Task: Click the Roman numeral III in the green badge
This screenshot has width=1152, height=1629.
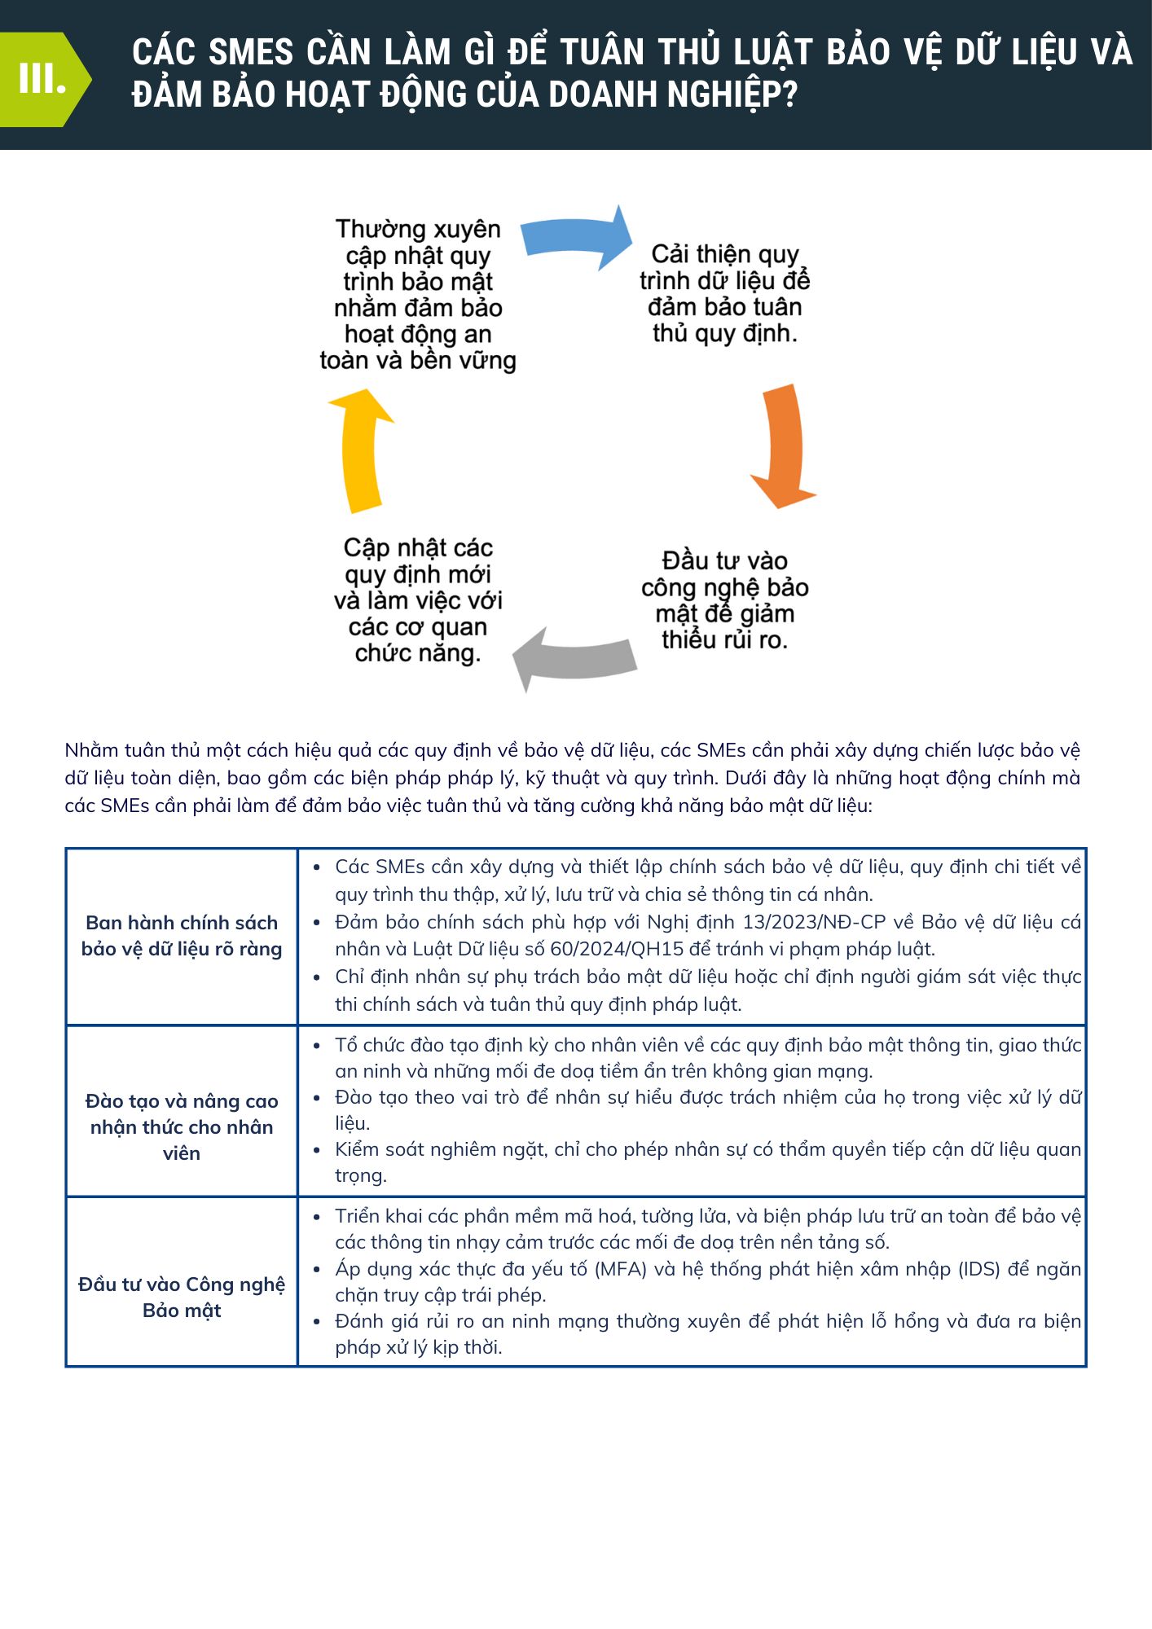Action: click(x=42, y=80)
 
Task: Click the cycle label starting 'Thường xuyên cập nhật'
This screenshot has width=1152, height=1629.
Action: click(x=418, y=294)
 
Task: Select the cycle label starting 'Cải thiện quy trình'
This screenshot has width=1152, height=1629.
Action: click(x=724, y=293)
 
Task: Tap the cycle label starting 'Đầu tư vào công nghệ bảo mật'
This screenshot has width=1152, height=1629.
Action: click(x=724, y=600)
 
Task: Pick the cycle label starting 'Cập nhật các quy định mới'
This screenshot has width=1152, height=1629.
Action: click(x=418, y=599)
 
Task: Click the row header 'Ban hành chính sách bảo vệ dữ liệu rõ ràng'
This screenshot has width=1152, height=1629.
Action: click(x=182, y=936)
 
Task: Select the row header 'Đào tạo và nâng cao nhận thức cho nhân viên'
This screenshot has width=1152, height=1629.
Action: click(x=182, y=1126)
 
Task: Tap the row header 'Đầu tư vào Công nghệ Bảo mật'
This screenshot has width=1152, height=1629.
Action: click(x=182, y=1297)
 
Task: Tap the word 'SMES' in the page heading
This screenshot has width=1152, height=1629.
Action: click(x=251, y=53)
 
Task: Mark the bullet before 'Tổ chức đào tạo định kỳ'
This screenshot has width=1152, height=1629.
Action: click(x=317, y=1046)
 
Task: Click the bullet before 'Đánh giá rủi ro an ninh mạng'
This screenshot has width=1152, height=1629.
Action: click(x=317, y=1321)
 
